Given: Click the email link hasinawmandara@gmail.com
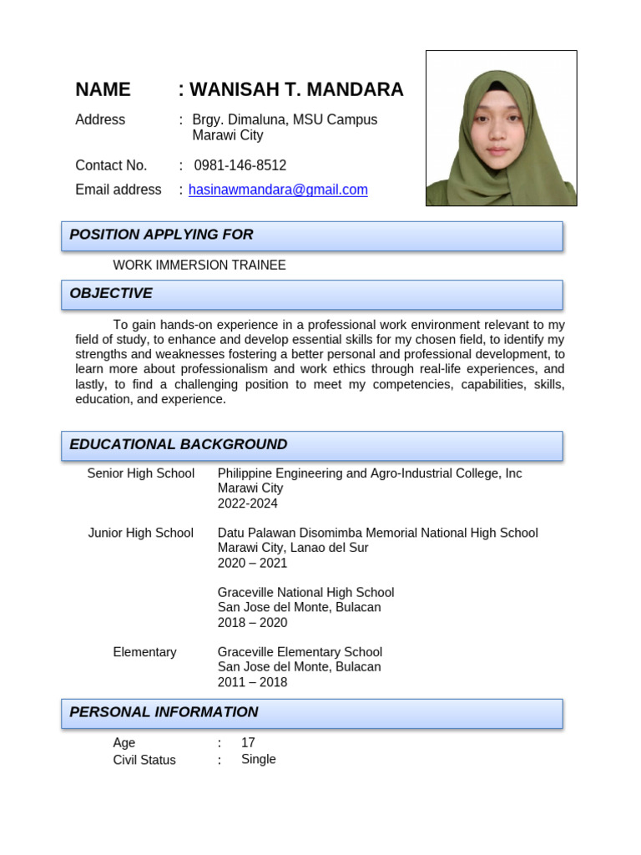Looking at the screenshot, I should (278, 190).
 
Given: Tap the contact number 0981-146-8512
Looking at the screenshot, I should (240, 165).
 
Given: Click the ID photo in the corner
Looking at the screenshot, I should (501, 128).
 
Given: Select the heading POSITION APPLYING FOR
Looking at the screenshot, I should (161, 235).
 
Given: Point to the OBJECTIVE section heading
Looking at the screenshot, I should (111, 294).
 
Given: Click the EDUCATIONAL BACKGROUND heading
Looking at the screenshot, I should (178, 445).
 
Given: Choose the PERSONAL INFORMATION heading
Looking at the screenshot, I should (164, 712).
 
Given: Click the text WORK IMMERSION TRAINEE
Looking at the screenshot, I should (199, 266).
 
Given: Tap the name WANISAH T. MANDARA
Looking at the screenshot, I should (296, 90).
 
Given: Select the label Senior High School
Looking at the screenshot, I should (141, 473).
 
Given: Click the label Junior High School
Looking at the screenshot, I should (141, 533).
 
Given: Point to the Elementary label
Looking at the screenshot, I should (144, 652).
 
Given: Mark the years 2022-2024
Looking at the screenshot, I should (248, 503).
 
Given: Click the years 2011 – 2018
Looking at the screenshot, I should (252, 682).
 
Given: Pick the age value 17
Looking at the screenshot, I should (248, 742).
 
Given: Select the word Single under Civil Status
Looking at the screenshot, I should (259, 759).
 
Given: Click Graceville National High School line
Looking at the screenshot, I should (305, 593).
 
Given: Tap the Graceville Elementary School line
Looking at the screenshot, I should (300, 652).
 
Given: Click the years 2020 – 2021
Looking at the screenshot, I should (252, 563).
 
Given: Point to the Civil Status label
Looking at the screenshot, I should (144, 760).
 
